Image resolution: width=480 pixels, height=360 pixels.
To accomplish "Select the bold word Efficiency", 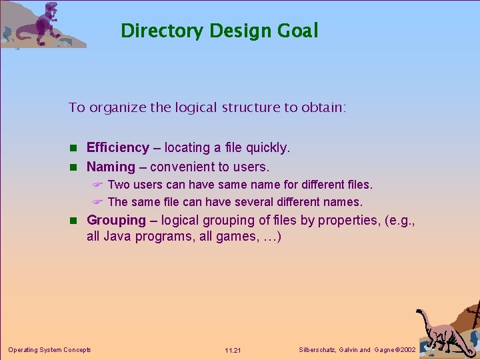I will (x=118, y=147).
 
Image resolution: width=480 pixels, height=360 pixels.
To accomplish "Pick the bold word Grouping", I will (x=116, y=220).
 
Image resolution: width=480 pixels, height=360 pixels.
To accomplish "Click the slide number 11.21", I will (x=233, y=350).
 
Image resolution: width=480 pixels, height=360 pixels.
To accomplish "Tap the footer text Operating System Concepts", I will (x=49, y=349).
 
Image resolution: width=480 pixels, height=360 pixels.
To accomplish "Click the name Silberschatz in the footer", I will (x=316, y=349).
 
